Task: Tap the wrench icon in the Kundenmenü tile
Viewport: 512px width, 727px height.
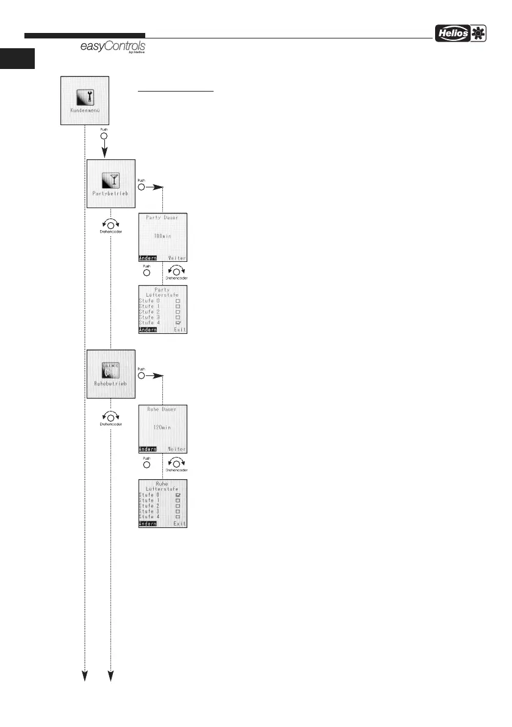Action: pos(85,96)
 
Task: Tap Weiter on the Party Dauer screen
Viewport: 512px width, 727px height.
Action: pos(177,258)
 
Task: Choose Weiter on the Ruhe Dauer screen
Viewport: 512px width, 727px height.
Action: pos(177,449)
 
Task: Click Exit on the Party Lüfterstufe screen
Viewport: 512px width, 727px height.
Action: pos(179,330)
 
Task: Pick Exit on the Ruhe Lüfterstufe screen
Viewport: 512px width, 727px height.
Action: pos(179,524)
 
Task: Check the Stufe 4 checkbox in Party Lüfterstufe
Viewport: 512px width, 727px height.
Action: pos(178,322)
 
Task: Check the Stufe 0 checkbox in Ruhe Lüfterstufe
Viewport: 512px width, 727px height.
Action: pos(178,494)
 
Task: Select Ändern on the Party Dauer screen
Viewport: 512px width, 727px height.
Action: pos(148,258)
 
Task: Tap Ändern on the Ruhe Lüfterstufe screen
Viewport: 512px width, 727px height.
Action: pos(148,524)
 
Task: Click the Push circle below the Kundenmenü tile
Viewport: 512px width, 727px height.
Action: pos(103,137)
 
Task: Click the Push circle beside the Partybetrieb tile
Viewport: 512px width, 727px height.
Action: pos(142,188)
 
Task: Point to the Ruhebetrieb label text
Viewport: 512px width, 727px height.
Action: pos(110,384)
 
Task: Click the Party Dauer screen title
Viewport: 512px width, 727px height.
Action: pos(163,219)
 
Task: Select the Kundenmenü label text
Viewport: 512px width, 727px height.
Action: pos(85,112)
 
